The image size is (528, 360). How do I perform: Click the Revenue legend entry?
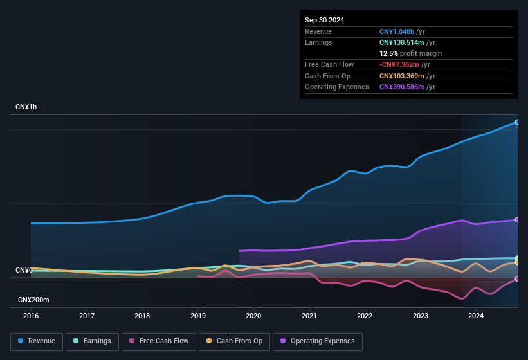[37, 341]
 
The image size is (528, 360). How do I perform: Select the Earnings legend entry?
[92, 341]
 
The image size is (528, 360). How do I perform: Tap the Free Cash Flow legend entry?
[158, 341]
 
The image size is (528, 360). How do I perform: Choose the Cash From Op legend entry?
[233, 341]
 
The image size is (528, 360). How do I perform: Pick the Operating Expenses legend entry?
[317, 341]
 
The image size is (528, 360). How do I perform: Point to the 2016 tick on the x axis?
[31, 316]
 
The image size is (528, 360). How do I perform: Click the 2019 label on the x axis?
[198, 316]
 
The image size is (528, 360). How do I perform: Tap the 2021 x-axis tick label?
[309, 316]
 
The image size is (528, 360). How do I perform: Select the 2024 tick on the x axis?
[476, 316]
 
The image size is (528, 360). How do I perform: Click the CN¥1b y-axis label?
[26, 107]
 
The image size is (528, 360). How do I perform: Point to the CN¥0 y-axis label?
[24, 270]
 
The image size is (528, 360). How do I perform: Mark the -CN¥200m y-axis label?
[33, 300]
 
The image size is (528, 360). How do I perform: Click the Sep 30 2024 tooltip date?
[324, 20]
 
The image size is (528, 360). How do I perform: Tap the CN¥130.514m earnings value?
[401, 42]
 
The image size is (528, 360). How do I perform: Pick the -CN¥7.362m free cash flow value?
[399, 64]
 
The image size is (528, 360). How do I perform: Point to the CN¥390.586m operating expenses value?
[401, 87]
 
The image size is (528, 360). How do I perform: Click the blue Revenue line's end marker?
[517, 122]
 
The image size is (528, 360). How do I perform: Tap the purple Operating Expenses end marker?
[517, 220]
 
